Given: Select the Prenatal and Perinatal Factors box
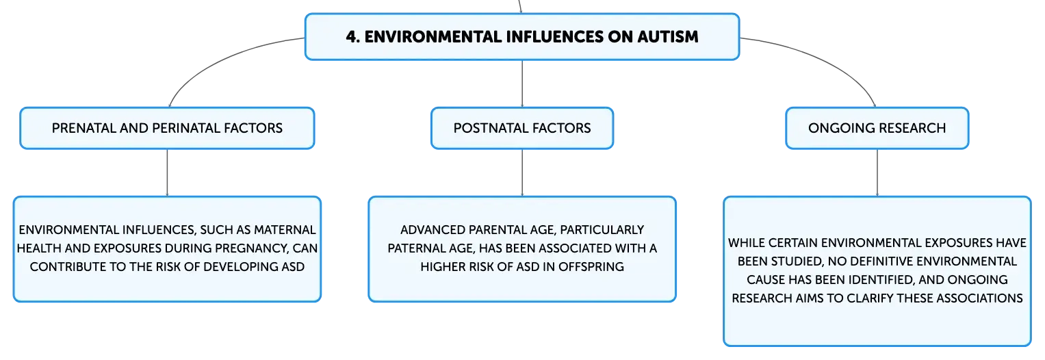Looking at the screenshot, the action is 167,128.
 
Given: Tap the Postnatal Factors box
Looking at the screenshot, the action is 522,128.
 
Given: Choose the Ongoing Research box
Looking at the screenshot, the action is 877,128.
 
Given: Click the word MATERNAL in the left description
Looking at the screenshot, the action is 285,230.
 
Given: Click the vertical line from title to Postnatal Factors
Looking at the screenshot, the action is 522,83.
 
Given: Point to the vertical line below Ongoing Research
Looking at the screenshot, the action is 877,172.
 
